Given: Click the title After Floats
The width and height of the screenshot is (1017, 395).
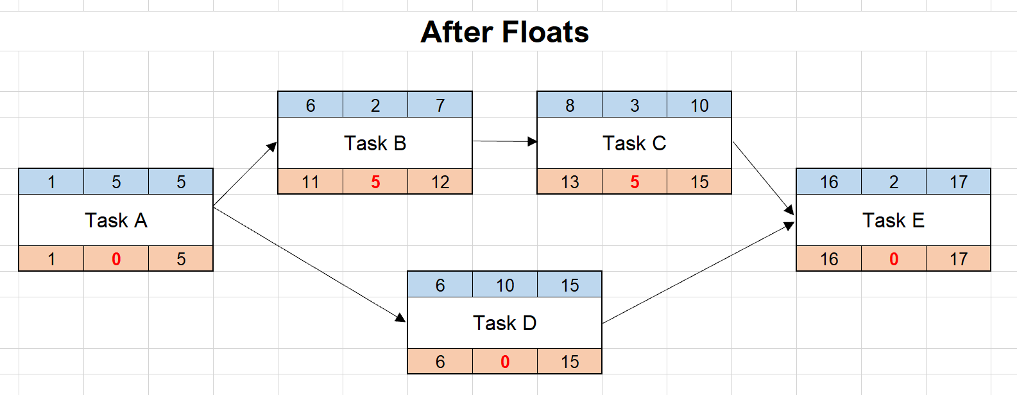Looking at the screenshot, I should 504,32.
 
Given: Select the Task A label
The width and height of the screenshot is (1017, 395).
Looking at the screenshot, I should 116,220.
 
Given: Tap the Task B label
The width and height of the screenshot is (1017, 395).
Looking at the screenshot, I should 375,143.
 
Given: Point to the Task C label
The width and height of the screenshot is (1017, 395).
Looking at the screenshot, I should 634,143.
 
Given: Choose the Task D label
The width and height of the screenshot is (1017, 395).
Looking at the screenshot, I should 504,323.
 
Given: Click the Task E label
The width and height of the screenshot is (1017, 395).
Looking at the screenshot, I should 893,220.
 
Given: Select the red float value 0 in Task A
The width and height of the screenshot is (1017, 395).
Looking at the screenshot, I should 116,259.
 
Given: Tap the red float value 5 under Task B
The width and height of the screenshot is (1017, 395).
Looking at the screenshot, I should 375,182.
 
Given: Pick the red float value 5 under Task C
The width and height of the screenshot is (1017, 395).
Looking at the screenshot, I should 635,182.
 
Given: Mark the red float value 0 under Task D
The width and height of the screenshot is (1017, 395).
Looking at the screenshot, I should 505,362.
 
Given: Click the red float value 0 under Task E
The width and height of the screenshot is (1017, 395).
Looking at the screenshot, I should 894,259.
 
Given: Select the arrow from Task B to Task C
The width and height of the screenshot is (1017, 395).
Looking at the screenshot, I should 504,141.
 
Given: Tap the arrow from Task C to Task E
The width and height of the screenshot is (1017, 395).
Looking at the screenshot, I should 764,178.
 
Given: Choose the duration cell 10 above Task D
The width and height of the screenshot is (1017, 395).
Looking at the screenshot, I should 505,285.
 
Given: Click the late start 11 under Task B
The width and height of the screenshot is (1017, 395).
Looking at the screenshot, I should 311,182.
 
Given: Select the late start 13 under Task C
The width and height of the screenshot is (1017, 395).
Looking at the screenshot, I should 570,182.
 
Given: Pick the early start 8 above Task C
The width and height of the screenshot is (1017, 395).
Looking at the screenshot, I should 570,105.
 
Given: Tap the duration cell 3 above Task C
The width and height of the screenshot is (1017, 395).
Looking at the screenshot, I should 635,105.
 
